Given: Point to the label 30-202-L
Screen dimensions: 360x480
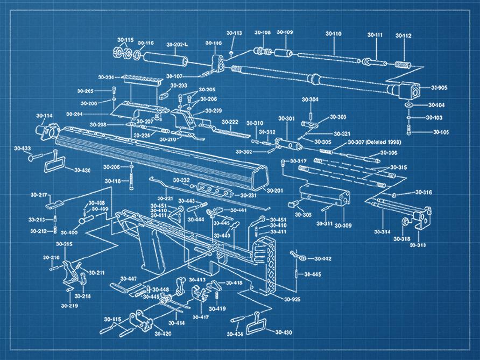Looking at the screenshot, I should point(177,44).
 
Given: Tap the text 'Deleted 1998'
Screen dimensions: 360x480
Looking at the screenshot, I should point(386,143).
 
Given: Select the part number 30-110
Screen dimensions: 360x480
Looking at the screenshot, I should point(333,34).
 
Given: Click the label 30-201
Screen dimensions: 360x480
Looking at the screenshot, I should point(274,190).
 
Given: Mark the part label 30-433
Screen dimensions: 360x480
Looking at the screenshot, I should point(22,147).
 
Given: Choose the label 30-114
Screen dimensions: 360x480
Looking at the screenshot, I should point(44,116).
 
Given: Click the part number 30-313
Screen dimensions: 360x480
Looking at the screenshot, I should point(418,245).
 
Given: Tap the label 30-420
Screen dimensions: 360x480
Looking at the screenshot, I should point(163,334).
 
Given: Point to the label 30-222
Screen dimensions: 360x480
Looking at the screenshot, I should point(230,122).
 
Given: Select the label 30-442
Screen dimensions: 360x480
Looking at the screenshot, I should point(323,259).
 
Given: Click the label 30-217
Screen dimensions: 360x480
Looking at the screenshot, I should point(38,194).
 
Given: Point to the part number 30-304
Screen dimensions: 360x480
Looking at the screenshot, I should point(309,100).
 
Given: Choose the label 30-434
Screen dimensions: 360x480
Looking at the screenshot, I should point(235,334).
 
